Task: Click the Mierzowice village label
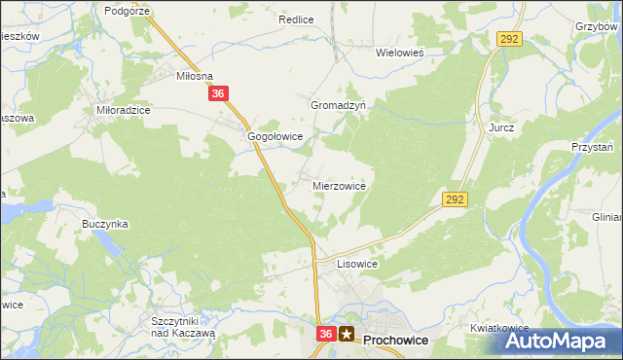[339, 185]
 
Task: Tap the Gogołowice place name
[275, 137]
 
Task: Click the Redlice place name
[295, 19]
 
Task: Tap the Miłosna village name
[193, 75]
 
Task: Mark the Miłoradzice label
[124, 111]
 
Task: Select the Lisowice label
[356, 264]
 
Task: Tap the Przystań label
[592, 147]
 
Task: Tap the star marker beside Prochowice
[348, 334]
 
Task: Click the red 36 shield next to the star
[326, 334]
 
